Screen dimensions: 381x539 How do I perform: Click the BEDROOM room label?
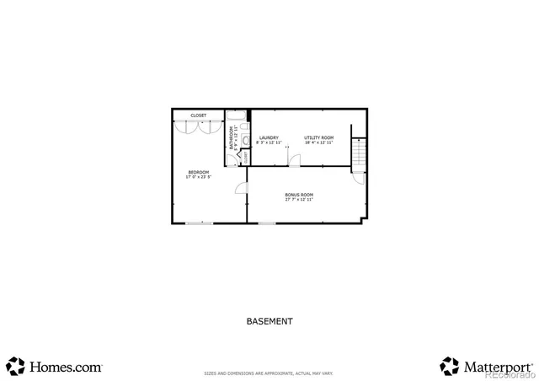pos(198,172)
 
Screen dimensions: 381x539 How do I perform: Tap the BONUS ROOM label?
pos(299,195)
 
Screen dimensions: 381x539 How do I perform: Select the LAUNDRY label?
pos(269,137)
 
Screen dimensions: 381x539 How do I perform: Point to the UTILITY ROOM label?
pos(318,137)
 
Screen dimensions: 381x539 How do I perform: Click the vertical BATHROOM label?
pos(232,137)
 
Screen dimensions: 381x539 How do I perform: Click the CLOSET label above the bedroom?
pos(198,115)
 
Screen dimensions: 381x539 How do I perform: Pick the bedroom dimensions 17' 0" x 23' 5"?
pos(198,177)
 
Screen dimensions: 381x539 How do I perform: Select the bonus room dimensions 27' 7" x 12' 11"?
pos(299,200)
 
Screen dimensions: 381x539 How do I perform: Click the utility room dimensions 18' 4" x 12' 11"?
pos(318,142)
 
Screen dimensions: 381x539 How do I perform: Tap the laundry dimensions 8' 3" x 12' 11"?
pos(269,142)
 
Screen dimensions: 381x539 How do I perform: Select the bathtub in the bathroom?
pos(237,116)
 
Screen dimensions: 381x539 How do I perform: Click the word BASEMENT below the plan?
pos(269,321)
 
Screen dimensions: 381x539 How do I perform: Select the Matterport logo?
pos(487,367)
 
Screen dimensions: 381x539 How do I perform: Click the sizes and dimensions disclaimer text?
pos(269,373)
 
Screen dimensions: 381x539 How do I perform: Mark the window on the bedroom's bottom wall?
pos(200,223)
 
